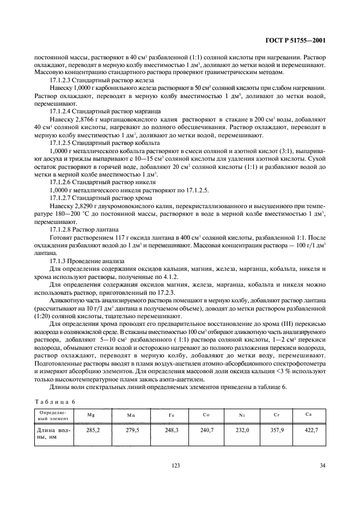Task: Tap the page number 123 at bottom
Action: [x=175, y=465]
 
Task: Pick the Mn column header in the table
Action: [x=131, y=415]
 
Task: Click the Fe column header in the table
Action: [x=171, y=415]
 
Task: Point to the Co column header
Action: [x=206, y=415]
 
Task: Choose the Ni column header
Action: [x=241, y=415]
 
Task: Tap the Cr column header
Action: [x=276, y=415]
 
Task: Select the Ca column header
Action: [x=309, y=415]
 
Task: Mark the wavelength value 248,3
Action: [x=172, y=430]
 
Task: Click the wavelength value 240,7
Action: [x=206, y=430]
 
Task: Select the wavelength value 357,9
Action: [x=277, y=430]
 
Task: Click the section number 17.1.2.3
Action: [x=62, y=80]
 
